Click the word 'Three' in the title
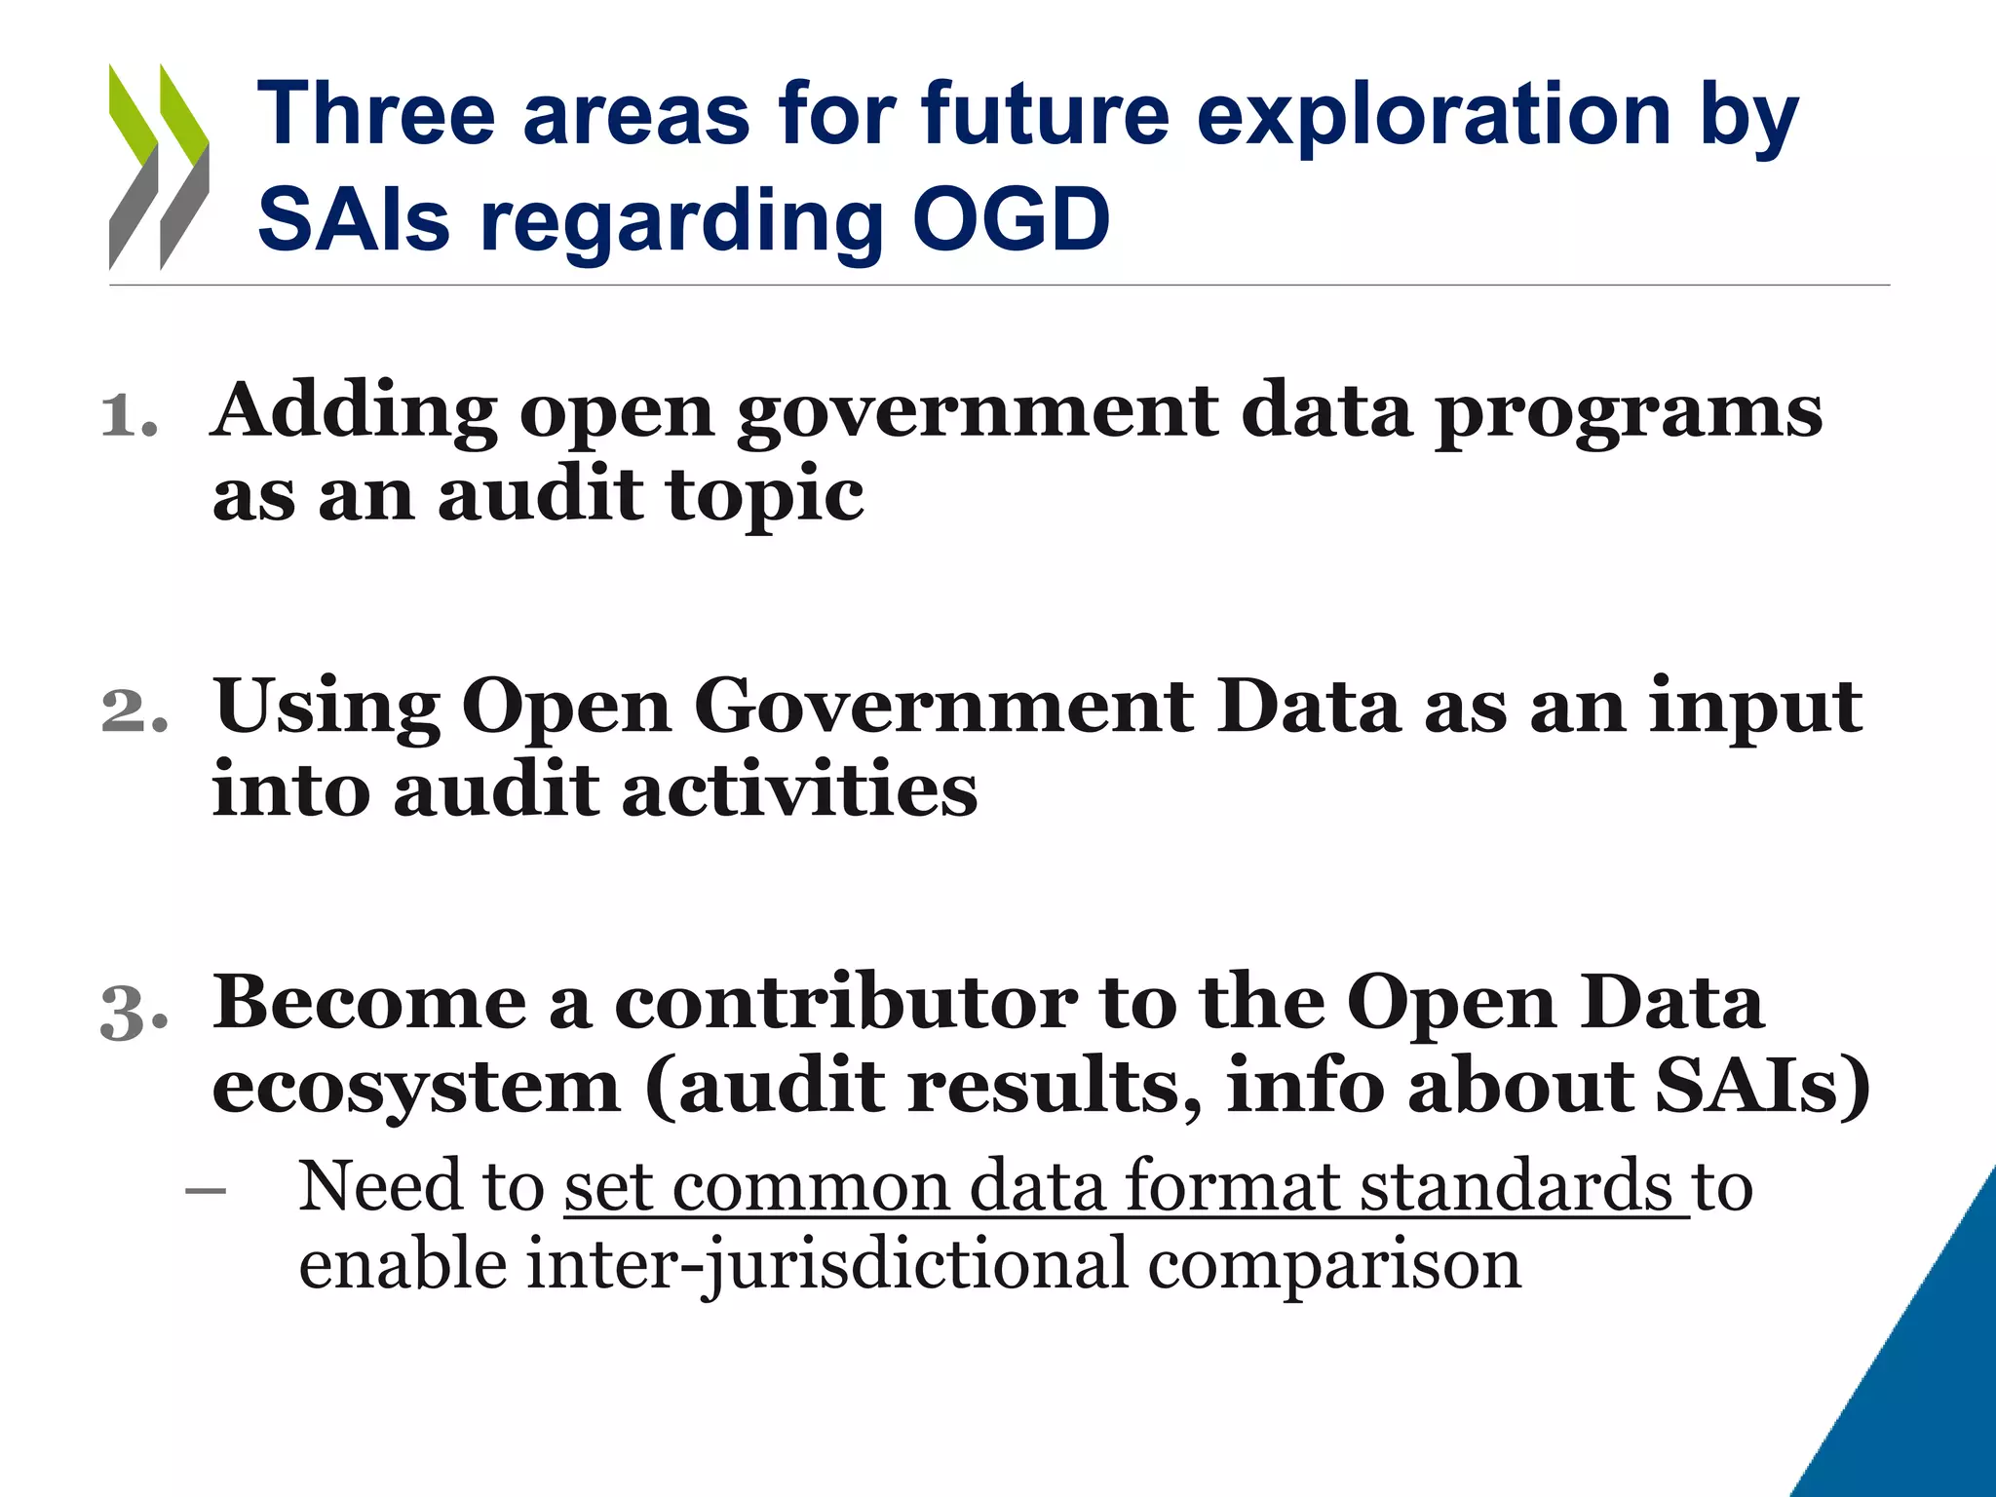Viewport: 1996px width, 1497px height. (x=376, y=114)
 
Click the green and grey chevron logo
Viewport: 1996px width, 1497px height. (x=159, y=167)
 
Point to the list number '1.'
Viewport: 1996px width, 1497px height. (x=130, y=416)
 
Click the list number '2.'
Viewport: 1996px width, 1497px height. (x=134, y=710)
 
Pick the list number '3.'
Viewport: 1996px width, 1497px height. (x=134, y=1011)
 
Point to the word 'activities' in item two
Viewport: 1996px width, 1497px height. (x=799, y=789)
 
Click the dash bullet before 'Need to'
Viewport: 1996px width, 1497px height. (x=206, y=1190)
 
